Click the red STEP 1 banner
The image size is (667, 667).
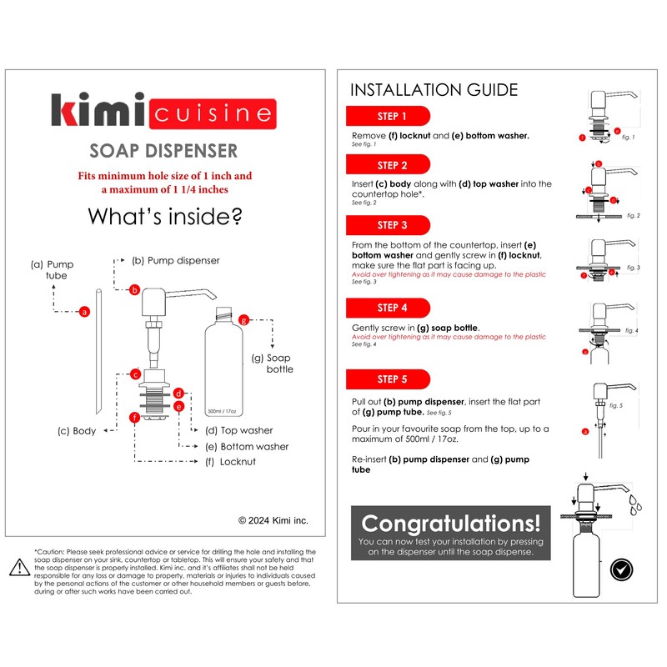pyautogui.click(x=388, y=116)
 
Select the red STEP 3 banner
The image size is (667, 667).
pyautogui.click(x=388, y=225)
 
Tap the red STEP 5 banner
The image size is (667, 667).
pyautogui.click(x=388, y=379)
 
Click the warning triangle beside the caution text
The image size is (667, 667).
pyautogui.click(x=19, y=568)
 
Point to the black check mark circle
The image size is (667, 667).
pyautogui.click(x=621, y=569)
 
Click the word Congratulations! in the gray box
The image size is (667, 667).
pyautogui.click(x=451, y=524)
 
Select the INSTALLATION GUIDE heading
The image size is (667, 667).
pyautogui.click(x=434, y=90)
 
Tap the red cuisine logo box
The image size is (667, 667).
pyautogui.click(x=213, y=113)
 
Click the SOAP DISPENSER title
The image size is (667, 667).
pyautogui.click(x=163, y=151)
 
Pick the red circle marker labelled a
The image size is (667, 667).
pyautogui.click(x=84, y=312)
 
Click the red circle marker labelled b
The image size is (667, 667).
pyautogui.click(x=134, y=290)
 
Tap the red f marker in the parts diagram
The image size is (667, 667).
pyautogui.click(x=135, y=418)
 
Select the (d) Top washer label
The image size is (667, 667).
pyautogui.click(x=239, y=430)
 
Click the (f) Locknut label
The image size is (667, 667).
pyautogui.click(x=231, y=462)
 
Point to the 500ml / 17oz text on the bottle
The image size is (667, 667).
pyautogui.click(x=222, y=411)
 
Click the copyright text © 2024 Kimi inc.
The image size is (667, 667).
pyautogui.click(x=273, y=520)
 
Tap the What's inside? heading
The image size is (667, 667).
pyautogui.click(x=165, y=217)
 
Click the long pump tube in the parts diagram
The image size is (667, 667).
pyautogui.click(x=98, y=351)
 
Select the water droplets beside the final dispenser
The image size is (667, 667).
pyautogui.click(x=635, y=504)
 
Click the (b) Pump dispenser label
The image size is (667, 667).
pyautogui.click(x=176, y=260)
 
